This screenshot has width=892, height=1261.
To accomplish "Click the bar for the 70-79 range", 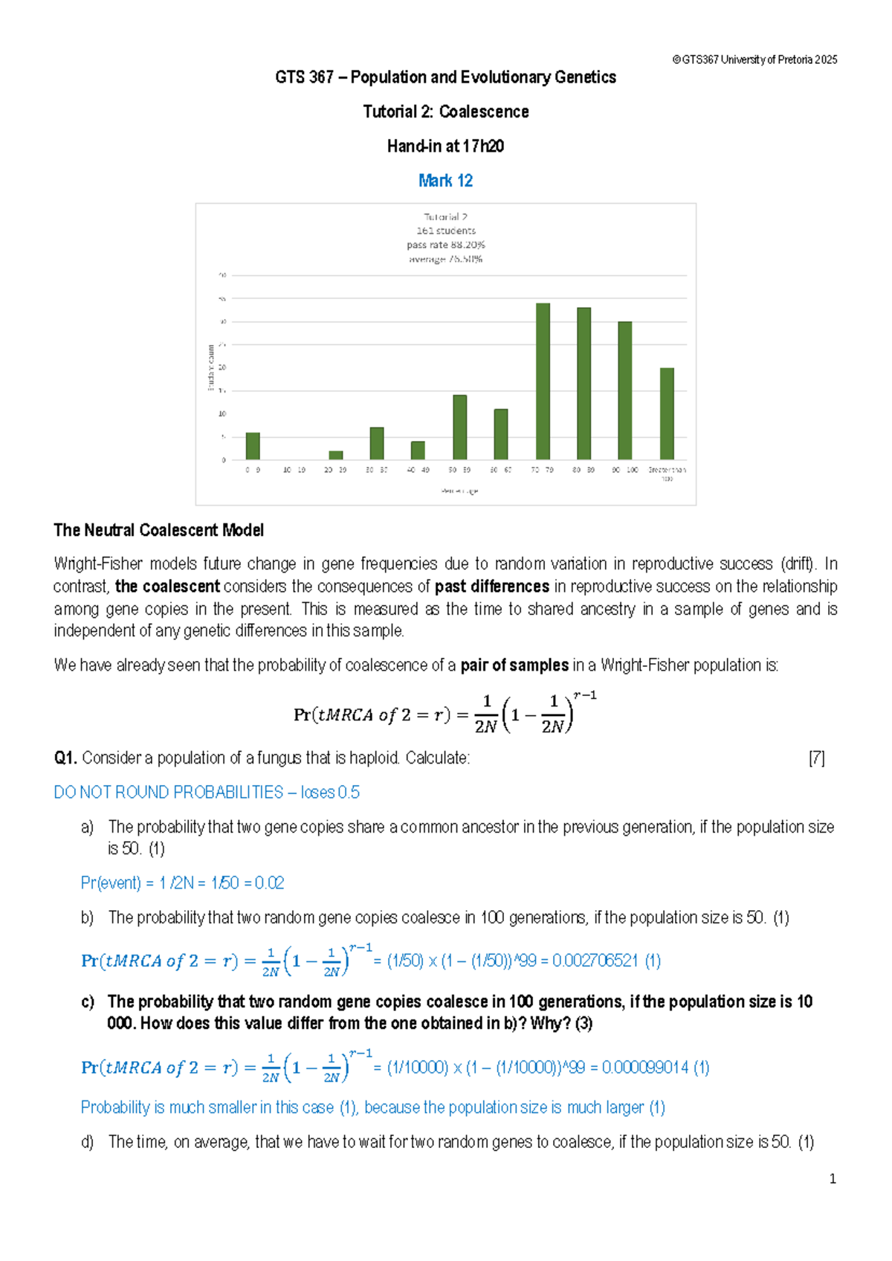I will pos(543,381).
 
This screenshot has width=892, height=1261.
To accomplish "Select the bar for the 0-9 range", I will pos(253,446).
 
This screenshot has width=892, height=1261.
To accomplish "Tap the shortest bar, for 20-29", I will pos(336,455).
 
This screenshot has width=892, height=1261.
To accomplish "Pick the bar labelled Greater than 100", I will pos(667,413).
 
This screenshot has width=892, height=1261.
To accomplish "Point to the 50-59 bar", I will pos(460,427).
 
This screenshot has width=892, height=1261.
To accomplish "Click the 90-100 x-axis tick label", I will pos(624,471).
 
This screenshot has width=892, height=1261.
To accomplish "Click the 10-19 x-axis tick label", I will pos(294,471).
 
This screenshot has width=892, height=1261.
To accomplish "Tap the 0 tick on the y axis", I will pos(223,460).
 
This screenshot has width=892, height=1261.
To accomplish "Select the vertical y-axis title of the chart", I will pos(211,367).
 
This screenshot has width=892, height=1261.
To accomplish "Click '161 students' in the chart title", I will pos(446,231).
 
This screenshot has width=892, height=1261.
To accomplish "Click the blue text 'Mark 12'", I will pos(445,181).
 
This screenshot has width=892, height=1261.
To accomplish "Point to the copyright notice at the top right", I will pos(754,60).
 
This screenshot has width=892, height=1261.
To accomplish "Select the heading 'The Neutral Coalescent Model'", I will pos(158,530).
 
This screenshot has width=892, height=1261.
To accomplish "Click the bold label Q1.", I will pos(65,758).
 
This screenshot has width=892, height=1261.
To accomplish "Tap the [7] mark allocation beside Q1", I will pos(816,758).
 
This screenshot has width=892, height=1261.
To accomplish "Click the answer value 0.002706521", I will pos(595,961).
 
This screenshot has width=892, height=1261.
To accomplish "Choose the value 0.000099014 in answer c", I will pos(645,1068).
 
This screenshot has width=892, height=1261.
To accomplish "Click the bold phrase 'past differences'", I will pos(492,587).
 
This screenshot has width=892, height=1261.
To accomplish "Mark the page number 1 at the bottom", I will pos(833,1179).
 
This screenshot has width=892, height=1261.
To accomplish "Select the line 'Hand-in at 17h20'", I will pos(445,146).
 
